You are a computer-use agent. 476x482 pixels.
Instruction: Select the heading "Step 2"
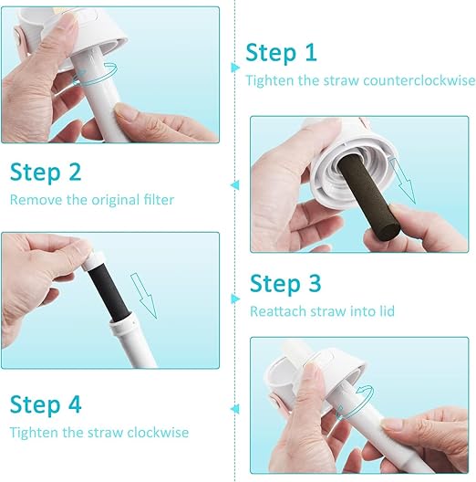[47, 172]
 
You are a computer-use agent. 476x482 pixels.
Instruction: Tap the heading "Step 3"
[287, 283]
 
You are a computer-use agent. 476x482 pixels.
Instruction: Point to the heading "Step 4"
[47, 403]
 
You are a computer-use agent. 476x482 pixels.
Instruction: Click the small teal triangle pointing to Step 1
[235, 66]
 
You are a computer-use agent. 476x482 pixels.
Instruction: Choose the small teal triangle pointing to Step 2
[235, 184]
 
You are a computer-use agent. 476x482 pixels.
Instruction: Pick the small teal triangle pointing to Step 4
[235, 409]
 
